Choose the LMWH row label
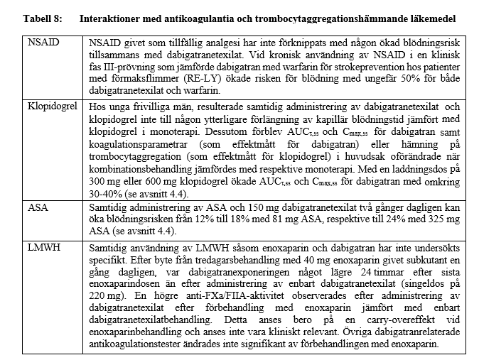[43, 247]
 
